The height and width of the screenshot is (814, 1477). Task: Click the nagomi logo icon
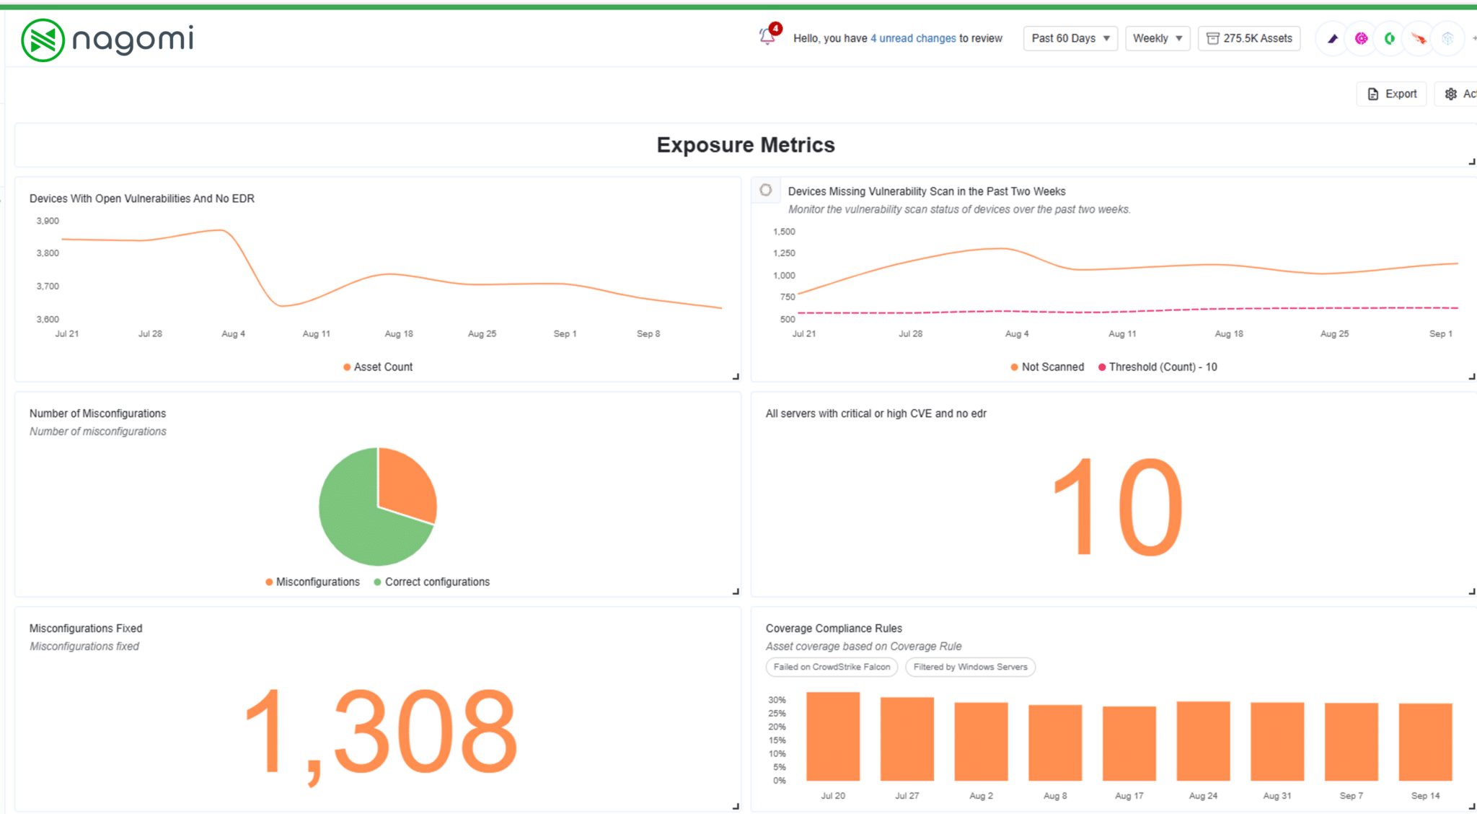coord(43,40)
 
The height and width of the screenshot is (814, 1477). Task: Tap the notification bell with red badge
coord(767,36)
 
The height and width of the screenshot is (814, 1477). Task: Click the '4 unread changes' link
coord(913,38)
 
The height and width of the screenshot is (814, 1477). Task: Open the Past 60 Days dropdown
coord(1070,38)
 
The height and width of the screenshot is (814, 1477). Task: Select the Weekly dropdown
coord(1157,38)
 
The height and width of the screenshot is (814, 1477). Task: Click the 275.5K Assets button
coord(1249,38)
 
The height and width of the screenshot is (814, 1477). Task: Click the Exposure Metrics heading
coord(745,145)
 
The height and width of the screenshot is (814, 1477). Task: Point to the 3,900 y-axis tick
coord(48,221)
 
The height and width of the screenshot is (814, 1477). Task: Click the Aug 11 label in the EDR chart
coord(316,334)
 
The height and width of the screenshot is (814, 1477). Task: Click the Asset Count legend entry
coord(378,367)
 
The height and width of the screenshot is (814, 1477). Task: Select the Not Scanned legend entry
coord(1047,367)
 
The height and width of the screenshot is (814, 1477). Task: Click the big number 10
coord(1117,507)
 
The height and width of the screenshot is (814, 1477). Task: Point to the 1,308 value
coord(381,730)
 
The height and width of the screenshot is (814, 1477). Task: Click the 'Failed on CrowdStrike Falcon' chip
coord(831,668)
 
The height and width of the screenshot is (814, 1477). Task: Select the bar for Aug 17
coord(1129,743)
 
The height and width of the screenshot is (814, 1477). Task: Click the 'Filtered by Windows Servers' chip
coord(970,668)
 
